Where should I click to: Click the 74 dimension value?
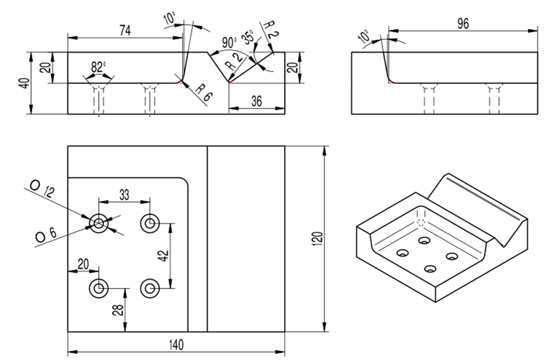point(125,31)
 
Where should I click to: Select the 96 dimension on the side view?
point(463,24)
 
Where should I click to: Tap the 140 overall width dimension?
point(176,345)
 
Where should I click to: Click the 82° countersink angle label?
point(99,67)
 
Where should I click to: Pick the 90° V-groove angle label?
point(229,43)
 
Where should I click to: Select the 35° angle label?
point(248,37)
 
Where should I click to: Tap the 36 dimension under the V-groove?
point(257,101)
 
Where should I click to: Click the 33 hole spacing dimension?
point(124,195)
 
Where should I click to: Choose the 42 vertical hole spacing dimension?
point(164,256)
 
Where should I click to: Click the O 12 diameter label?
point(42,189)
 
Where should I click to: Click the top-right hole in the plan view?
point(150,223)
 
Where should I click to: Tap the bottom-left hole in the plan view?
point(99,288)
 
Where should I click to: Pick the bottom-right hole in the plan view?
point(150,288)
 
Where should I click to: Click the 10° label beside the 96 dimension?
point(364,36)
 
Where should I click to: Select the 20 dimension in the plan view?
point(83,264)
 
